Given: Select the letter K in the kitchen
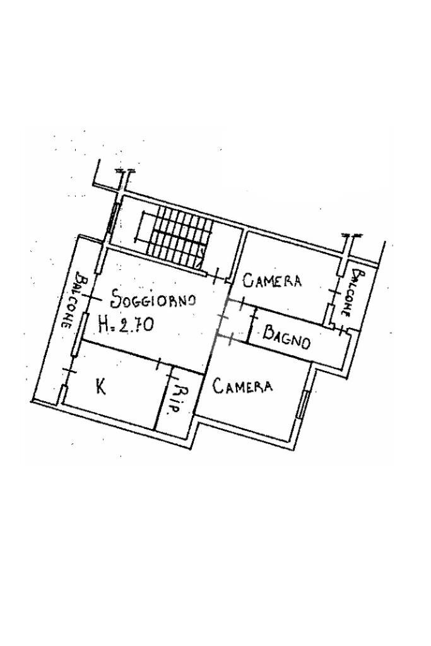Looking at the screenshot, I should click(x=100, y=385).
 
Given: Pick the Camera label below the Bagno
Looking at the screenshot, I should click(x=243, y=385).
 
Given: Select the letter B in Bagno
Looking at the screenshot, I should click(x=268, y=331).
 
